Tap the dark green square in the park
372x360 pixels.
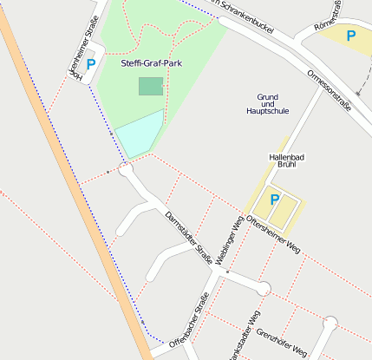[x=150, y=86]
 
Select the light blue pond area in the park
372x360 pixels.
[x=139, y=134]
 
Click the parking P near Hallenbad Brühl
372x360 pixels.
[x=275, y=200]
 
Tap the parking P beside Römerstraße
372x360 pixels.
[x=350, y=36]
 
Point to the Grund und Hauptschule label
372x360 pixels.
[x=267, y=104]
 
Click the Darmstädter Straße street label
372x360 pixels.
[x=188, y=237]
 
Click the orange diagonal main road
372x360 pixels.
[x=69, y=173]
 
